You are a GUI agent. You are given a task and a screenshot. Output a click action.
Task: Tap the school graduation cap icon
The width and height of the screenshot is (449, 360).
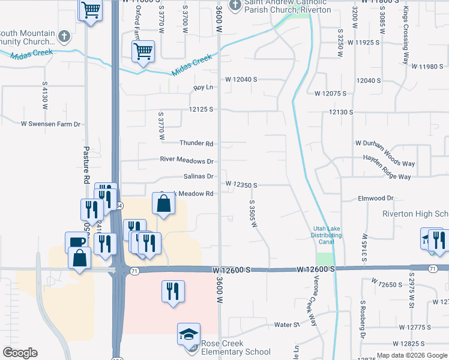click(188, 334)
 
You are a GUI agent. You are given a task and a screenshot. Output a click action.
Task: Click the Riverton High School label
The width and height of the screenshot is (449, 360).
click(416, 214)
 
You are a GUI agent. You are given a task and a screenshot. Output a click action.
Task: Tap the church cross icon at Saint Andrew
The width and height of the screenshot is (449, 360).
click(235, 5)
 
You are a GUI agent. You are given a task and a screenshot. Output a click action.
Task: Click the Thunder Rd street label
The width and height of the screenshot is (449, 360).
click(196, 143)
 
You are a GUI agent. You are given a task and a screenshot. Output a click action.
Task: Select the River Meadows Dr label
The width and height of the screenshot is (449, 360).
click(187, 161)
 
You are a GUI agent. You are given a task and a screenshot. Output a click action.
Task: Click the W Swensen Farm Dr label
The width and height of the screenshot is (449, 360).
click(50, 124)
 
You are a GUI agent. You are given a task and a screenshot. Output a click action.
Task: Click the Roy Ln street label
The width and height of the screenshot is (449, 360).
click(203, 88)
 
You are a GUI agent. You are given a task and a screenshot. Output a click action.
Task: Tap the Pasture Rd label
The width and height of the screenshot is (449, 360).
click(86, 165)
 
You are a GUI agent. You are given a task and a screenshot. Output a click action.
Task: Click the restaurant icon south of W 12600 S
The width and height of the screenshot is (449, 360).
click(173, 292)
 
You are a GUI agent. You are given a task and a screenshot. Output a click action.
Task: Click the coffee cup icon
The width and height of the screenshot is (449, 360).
click(76, 242)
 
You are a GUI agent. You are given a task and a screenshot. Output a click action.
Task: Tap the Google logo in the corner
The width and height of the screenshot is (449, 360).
click(20, 353)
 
